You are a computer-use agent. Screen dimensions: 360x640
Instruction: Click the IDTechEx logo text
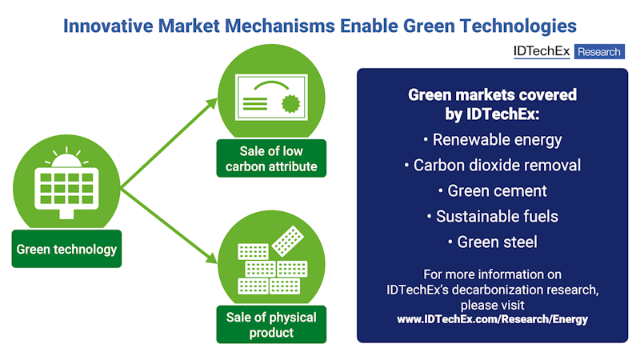pyautogui.click(x=542, y=51)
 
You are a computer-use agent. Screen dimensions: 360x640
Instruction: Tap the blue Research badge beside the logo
pyautogui.click(x=598, y=51)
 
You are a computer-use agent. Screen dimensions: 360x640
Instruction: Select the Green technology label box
pyautogui.click(x=67, y=249)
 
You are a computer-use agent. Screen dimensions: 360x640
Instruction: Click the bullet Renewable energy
pyautogui.click(x=492, y=140)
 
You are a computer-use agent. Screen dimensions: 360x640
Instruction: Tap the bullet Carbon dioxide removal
pyautogui.click(x=492, y=166)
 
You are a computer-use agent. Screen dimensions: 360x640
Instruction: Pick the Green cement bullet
pyautogui.click(x=492, y=191)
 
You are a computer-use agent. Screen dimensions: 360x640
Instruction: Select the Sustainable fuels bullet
pyautogui.click(x=492, y=216)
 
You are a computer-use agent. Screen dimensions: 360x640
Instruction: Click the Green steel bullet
pyautogui.click(x=492, y=242)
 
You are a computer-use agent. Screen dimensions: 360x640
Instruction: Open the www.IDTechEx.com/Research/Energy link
pyautogui.click(x=492, y=318)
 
